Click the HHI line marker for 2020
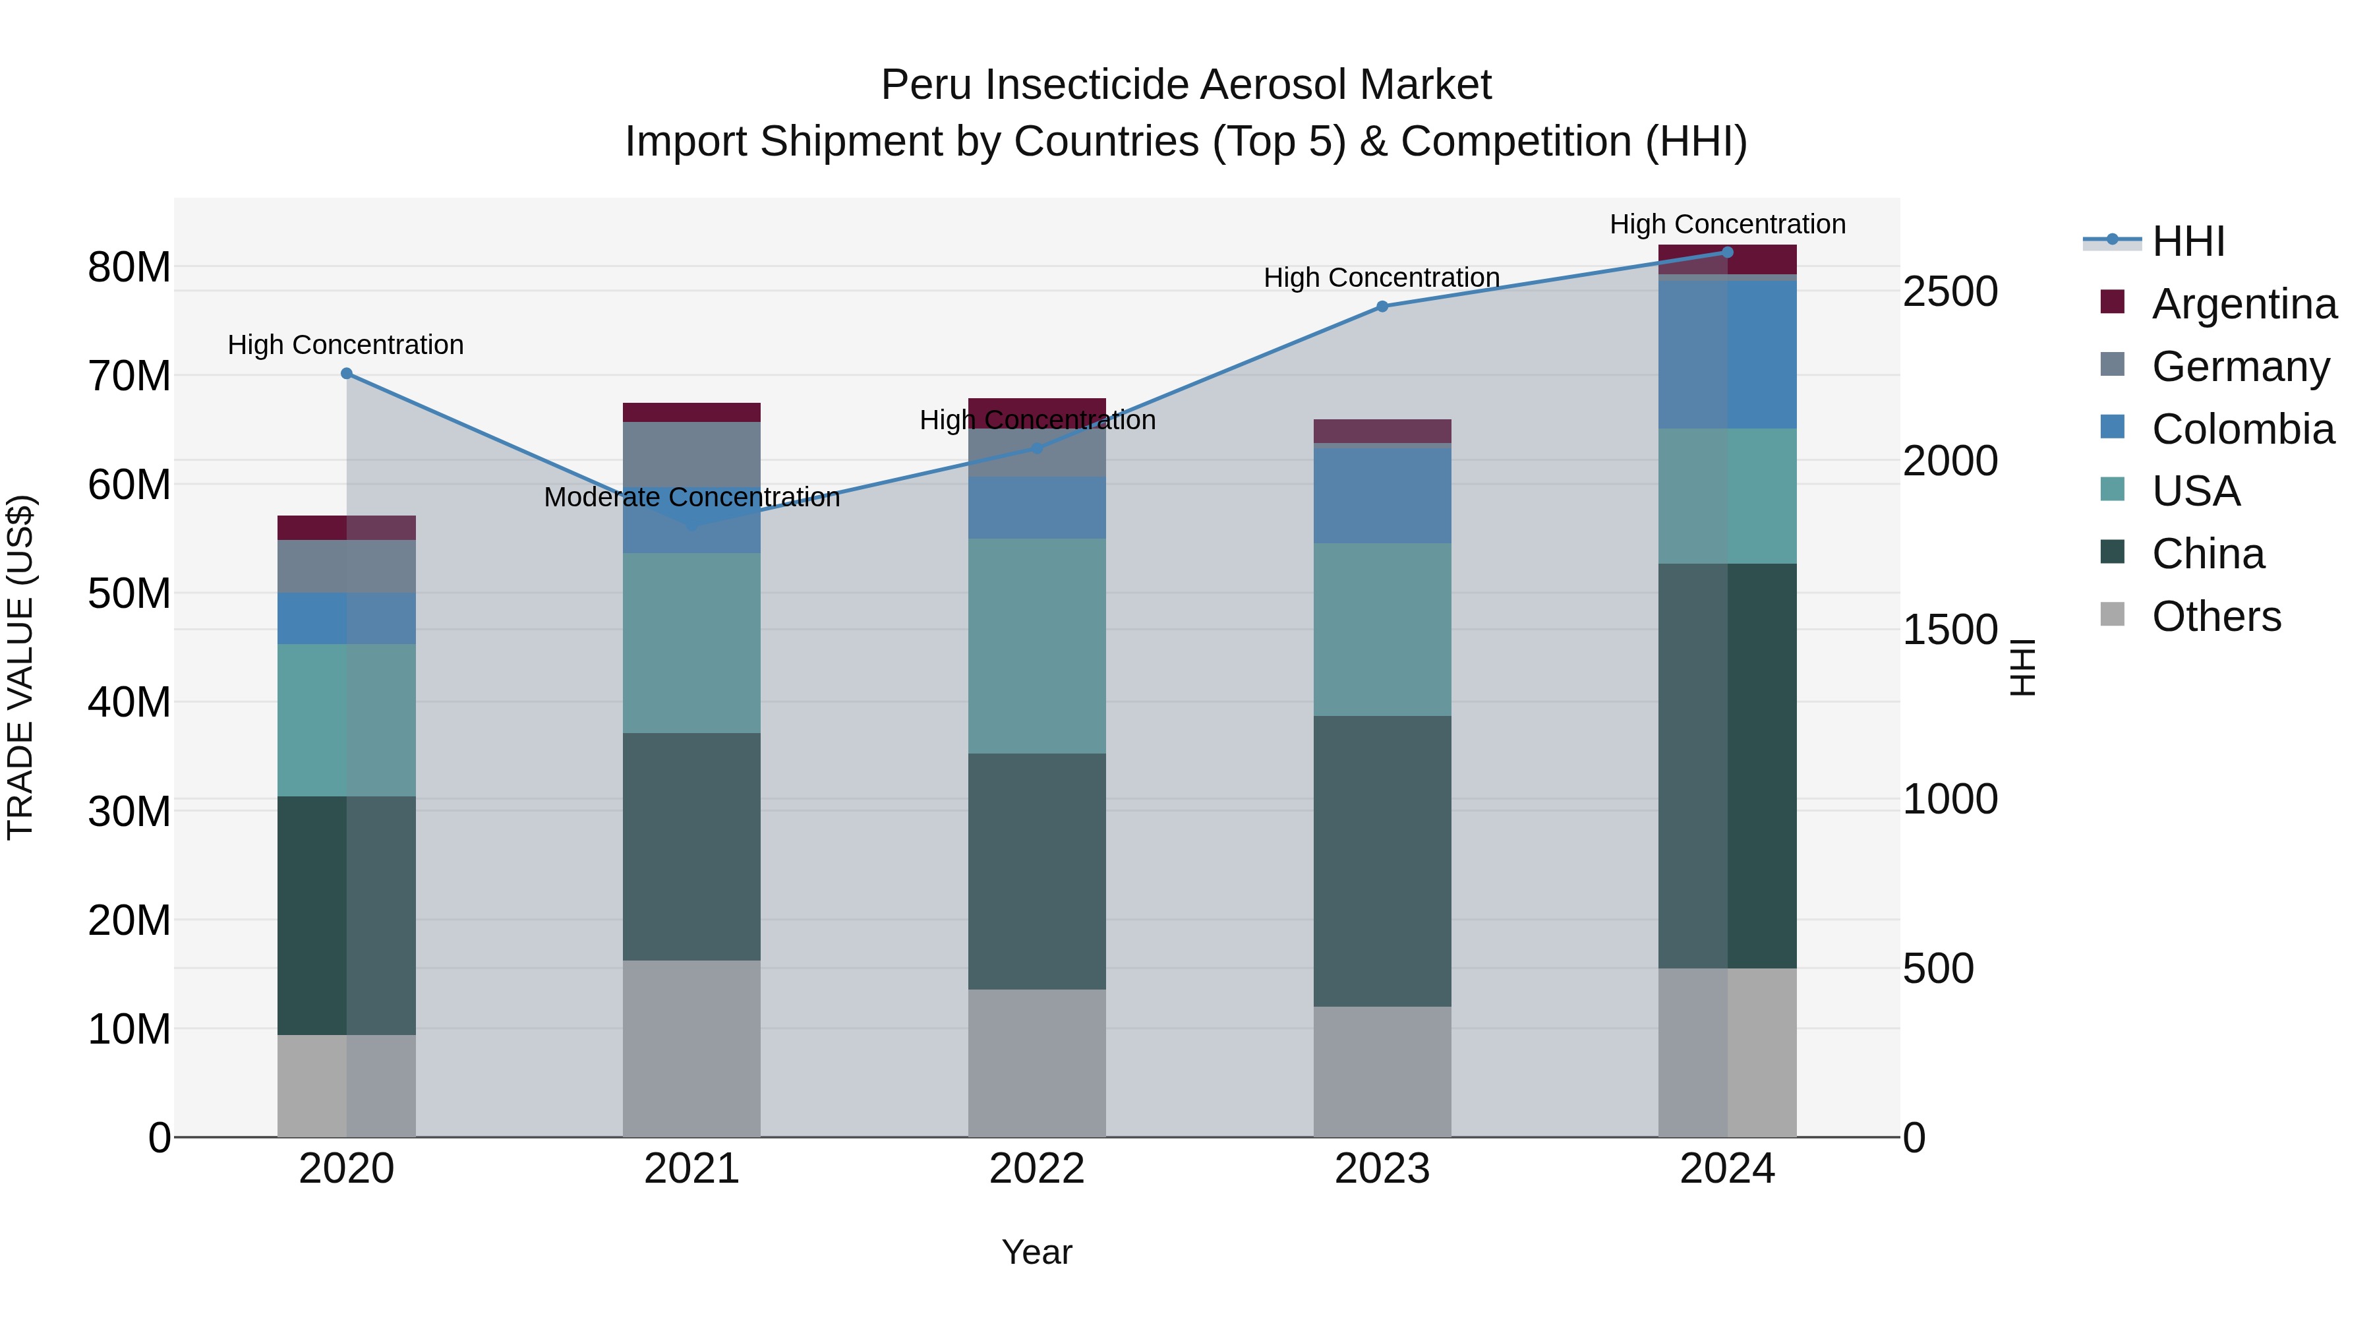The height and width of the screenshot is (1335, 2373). (x=346, y=373)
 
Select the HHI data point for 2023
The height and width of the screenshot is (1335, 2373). (x=1382, y=307)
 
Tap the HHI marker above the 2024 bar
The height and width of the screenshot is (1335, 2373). (x=1727, y=252)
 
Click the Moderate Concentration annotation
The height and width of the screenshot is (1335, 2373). (x=692, y=498)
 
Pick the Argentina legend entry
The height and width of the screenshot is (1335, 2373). (x=2243, y=304)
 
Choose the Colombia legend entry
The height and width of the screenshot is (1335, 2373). (x=2242, y=429)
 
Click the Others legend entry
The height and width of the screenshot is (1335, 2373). (x=2215, y=616)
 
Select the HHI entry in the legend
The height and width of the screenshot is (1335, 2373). (x=2188, y=241)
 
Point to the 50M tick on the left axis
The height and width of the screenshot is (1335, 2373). (x=129, y=594)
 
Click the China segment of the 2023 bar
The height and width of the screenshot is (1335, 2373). (x=1382, y=862)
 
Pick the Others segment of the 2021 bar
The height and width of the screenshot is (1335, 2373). (x=692, y=1048)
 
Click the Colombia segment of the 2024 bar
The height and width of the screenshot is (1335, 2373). (x=1727, y=355)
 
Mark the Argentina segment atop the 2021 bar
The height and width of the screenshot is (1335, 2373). (x=692, y=412)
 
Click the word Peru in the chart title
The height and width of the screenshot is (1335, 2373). (x=926, y=86)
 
